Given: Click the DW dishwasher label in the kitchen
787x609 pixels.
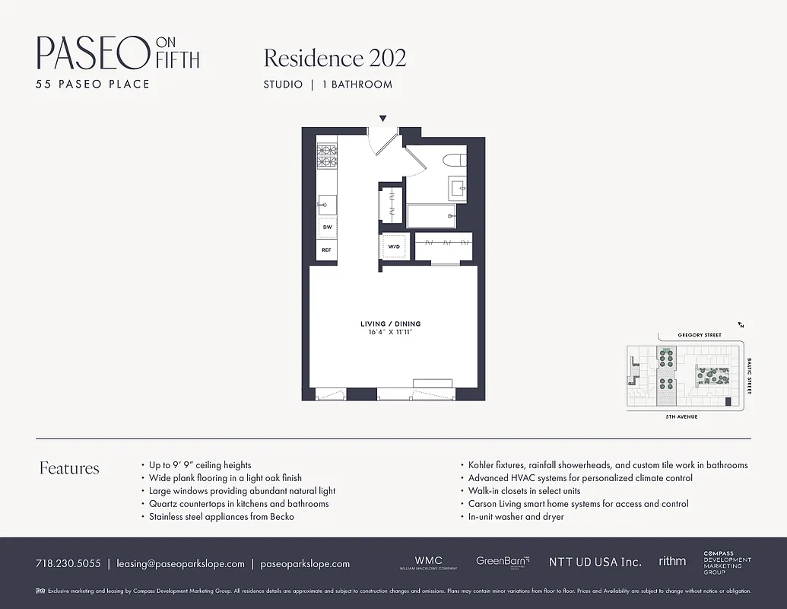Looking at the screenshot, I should [327, 227].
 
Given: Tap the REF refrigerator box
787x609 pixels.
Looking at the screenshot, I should [327, 250].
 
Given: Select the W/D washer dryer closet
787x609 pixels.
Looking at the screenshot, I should [395, 247].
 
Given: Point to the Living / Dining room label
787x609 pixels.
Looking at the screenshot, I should [390, 324].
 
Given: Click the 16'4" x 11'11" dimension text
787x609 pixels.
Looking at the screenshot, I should [390, 333].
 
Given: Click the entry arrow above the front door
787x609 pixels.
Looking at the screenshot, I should [382, 118].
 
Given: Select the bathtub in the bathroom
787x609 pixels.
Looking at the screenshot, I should [431, 216].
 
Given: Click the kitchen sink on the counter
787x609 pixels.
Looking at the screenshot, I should [328, 203].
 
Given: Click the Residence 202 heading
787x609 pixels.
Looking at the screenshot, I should [335, 58].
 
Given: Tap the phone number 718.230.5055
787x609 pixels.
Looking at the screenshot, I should [68, 564].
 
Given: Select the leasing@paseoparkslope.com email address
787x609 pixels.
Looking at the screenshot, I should [180, 564].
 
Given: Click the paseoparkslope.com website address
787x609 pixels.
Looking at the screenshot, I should [305, 564].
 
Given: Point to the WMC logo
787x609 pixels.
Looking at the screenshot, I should [428, 563].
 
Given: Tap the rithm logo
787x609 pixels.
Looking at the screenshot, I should [672, 562].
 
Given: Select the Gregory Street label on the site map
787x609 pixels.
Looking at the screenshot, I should [700, 335].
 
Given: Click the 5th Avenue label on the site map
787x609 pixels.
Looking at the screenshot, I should [682, 417].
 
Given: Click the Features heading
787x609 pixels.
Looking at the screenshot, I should [69, 468].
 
